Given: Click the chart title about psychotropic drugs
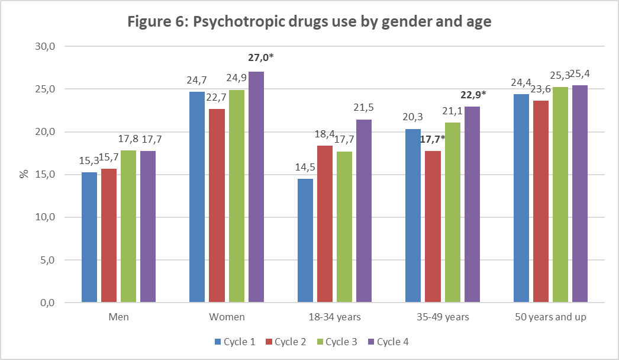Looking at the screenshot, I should [x=309, y=22].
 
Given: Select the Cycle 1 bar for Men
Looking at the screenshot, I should [x=89, y=237].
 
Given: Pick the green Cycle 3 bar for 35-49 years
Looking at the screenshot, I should [x=452, y=213].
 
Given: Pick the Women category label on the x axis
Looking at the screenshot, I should [x=227, y=317].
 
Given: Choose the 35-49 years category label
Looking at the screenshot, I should [x=443, y=317].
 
